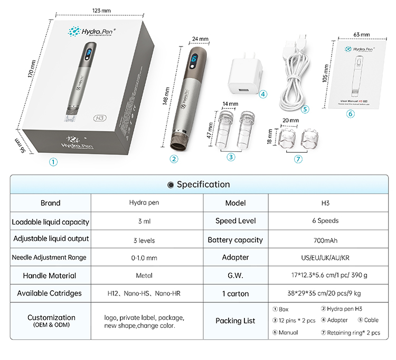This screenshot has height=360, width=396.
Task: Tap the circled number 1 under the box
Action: (x=53, y=162)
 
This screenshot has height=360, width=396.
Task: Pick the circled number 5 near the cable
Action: (x=304, y=109)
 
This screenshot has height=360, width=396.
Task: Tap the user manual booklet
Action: (x=361, y=73)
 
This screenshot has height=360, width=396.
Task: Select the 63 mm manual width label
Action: (x=362, y=34)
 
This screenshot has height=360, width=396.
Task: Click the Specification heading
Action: (x=199, y=184)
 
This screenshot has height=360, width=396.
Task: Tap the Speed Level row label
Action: (x=235, y=221)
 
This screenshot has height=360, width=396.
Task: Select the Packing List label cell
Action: (x=235, y=320)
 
